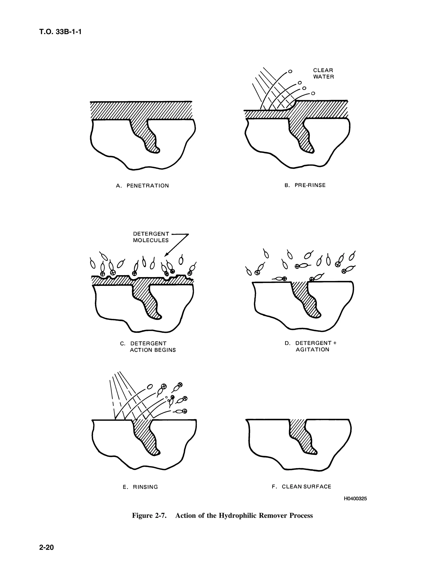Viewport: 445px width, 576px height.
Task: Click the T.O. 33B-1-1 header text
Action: coord(60,32)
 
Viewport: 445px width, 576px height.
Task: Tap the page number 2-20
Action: coord(46,548)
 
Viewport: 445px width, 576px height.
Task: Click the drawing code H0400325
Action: coord(355,498)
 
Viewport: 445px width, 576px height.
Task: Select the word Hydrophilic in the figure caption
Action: coord(238,516)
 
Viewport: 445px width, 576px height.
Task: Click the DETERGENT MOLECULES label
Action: coord(151,237)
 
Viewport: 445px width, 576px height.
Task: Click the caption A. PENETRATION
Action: coord(142,185)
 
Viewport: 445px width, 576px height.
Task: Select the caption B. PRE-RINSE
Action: coord(305,185)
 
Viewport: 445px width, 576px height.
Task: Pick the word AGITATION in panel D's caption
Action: coord(312,350)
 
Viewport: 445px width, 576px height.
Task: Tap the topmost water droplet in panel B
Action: coord(290,71)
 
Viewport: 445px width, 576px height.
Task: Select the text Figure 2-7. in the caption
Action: coord(149,516)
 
